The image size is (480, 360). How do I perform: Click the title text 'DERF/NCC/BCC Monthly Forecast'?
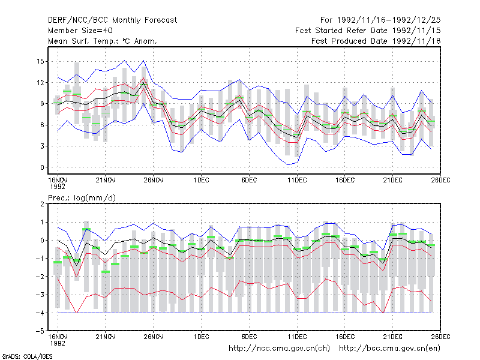(112, 20)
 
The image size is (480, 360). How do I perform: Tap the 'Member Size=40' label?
(80, 31)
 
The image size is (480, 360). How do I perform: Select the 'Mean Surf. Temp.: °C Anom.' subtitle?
(103, 41)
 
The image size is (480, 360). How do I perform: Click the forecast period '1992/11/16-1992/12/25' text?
(389, 20)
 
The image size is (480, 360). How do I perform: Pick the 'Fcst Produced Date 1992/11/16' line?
(376, 41)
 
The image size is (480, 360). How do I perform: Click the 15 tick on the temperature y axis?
(40, 62)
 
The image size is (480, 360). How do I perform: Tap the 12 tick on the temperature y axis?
(40, 83)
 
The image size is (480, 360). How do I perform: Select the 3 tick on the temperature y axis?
(42, 146)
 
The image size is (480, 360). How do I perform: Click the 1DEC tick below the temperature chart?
(201, 180)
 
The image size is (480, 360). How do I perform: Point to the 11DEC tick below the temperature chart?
(297, 180)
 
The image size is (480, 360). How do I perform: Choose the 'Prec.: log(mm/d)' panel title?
(82, 198)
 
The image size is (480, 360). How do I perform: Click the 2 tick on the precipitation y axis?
(42, 204)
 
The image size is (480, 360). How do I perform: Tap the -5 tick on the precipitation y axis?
(40, 331)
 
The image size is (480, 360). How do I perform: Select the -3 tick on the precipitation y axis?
(40, 295)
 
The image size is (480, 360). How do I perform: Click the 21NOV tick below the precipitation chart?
(106, 337)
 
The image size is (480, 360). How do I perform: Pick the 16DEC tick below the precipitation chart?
(344, 337)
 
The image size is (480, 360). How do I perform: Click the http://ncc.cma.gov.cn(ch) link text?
(279, 349)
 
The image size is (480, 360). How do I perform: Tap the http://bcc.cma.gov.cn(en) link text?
(389, 349)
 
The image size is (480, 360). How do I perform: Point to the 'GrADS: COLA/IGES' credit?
(27, 356)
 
